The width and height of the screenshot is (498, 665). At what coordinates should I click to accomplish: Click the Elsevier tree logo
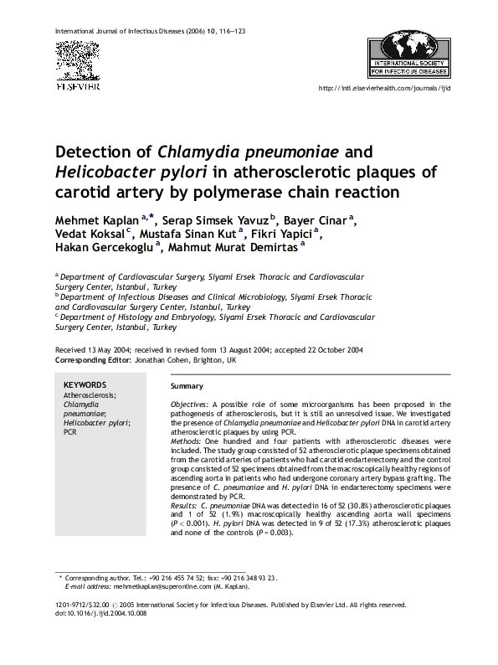[77, 60]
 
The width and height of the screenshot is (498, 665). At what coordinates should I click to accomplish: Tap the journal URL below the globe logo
[385, 88]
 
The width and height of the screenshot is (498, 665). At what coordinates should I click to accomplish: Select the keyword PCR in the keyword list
[70, 433]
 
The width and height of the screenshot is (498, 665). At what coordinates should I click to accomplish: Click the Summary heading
[187, 386]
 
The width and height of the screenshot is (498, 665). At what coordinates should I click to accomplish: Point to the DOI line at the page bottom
[100, 613]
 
